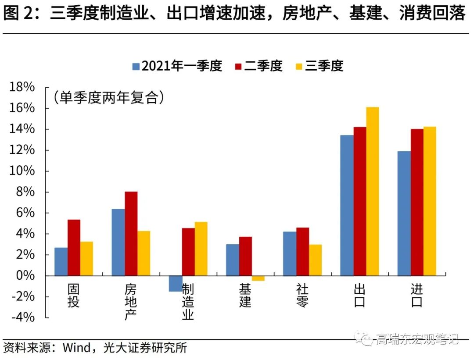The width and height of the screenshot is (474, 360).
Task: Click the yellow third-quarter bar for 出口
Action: (372, 191)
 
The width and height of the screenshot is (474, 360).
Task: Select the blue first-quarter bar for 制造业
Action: (175, 284)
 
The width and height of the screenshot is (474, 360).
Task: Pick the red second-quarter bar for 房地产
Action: (131, 233)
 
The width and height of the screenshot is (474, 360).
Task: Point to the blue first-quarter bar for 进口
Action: (404, 213)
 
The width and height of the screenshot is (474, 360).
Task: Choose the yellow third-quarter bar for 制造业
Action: (201, 249)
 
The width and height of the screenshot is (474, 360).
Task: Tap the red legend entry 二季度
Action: (259, 66)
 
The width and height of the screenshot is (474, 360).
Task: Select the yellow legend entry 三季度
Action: (319, 66)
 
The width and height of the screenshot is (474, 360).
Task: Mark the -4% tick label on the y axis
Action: (23, 317)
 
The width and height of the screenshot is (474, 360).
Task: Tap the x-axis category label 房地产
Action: (131, 302)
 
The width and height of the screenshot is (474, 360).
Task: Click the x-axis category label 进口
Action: (417, 296)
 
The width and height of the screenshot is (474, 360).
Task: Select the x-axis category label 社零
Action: (302, 296)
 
